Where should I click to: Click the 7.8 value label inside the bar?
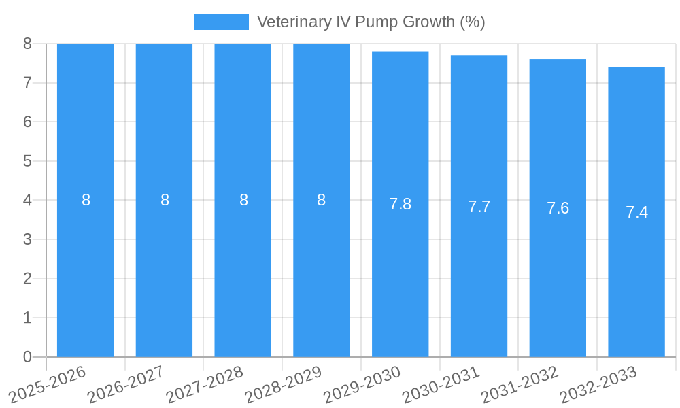pyautogui.click(x=400, y=204)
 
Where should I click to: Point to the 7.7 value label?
pyautogui.click(x=479, y=207)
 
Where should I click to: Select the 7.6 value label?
pyautogui.click(x=558, y=208)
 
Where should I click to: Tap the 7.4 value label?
pyautogui.click(x=636, y=212)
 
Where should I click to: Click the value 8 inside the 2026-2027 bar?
pyautogui.click(x=165, y=200)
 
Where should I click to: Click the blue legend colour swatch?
pyautogui.click(x=222, y=22)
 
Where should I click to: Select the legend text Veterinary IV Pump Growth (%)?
pyautogui.click(x=371, y=22)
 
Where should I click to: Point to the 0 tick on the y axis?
pyautogui.click(x=27, y=357)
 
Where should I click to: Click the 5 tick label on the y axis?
pyautogui.click(x=27, y=161)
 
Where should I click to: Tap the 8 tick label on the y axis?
pyautogui.click(x=27, y=44)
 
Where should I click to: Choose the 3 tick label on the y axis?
pyautogui.click(x=27, y=239)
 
